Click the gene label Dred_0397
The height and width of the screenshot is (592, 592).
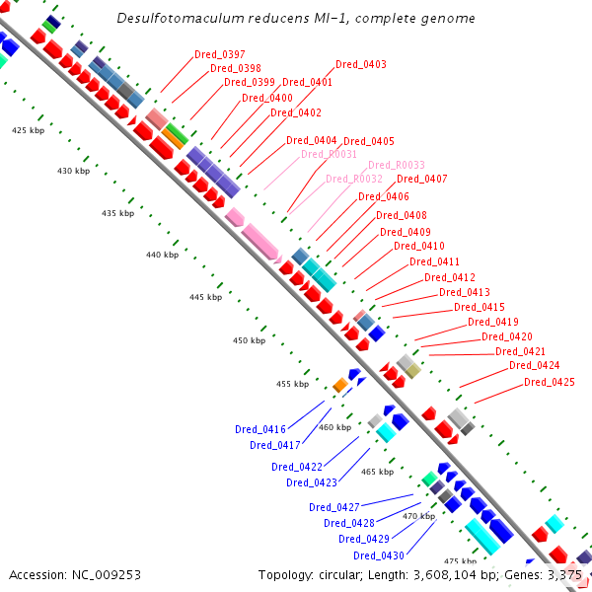pos(220,54)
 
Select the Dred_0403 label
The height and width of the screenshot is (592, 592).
pos(361,64)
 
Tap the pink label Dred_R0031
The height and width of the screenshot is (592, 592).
pos(329,154)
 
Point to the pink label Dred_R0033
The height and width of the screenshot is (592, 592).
pos(397,165)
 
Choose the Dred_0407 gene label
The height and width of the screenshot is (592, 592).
pos(422,179)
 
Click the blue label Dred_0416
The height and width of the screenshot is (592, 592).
pos(260,429)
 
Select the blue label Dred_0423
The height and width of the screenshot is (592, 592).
pos(312,482)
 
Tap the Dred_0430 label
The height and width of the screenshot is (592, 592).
pos(379,555)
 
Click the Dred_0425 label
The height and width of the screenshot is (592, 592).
pos(550,382)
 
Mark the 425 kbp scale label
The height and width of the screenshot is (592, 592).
pos(28,130)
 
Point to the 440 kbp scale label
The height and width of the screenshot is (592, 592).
pos(163,255)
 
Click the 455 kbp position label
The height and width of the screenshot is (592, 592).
pos(293,384)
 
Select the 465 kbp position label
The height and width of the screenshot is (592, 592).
pos(377,472)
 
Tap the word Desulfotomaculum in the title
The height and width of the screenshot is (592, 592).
pos(181,18)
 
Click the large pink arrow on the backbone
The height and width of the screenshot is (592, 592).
pos(261,243)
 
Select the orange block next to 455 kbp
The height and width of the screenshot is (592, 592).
pos(340,385)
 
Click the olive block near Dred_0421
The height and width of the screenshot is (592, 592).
pos(413,371)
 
